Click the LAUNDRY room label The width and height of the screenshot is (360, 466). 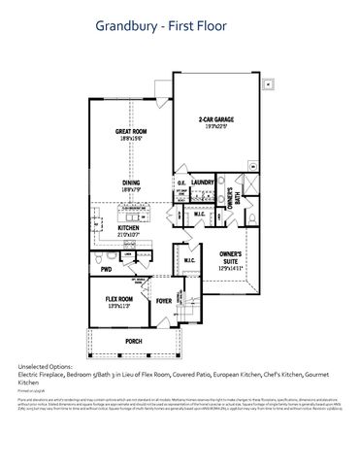tap(202, 182)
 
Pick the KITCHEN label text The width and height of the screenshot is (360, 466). tap(129, 228)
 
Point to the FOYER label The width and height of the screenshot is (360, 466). tap(164, 301)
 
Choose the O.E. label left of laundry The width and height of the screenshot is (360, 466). tap(180, 183)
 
